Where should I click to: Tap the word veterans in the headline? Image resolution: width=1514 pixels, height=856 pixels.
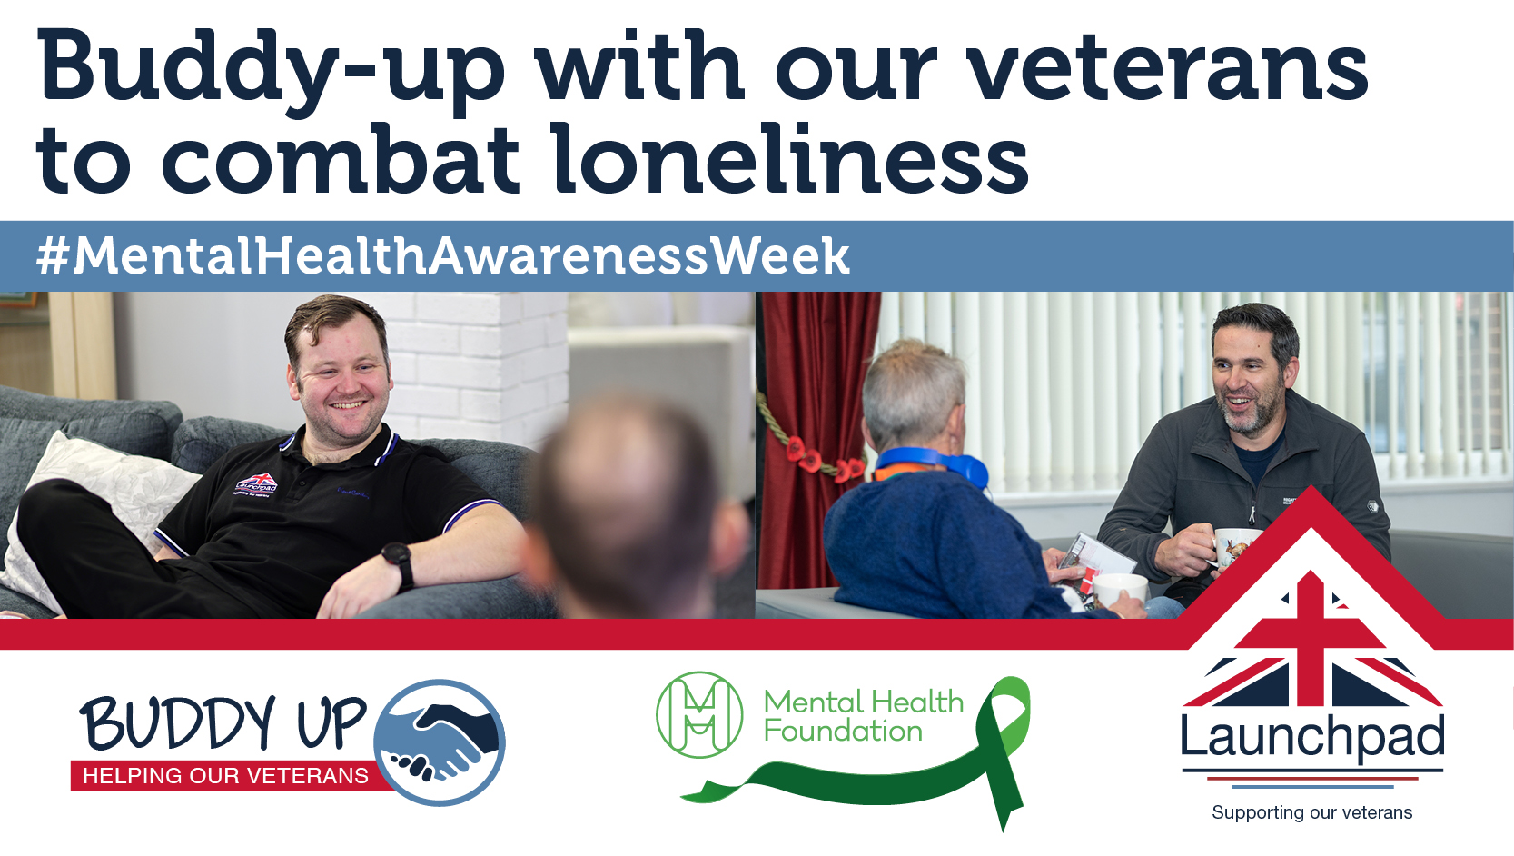pyautogui.click(x=1167, y=68)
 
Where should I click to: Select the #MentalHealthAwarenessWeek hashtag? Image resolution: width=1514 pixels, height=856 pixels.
pyautogui.click(x=442, y=256)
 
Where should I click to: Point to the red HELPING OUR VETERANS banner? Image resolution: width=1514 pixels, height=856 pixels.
pyautogui.click(x=225, y=776)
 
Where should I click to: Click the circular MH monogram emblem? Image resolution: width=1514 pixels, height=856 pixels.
pyautogui.click(x=698, y=715)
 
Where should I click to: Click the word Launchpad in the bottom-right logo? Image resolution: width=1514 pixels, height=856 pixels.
pyautogui.click(x=1311, y=738)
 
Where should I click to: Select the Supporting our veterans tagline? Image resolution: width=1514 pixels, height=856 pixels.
pyautogui.click(x=1311, y=812)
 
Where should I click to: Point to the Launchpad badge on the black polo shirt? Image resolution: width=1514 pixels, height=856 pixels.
pyautogui.click(x=256, y=484)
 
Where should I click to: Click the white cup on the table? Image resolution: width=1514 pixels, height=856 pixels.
pyautogui.click(x=1119, y=591)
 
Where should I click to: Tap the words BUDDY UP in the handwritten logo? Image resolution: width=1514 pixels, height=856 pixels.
pyautogui.click(x=223, y=723)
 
